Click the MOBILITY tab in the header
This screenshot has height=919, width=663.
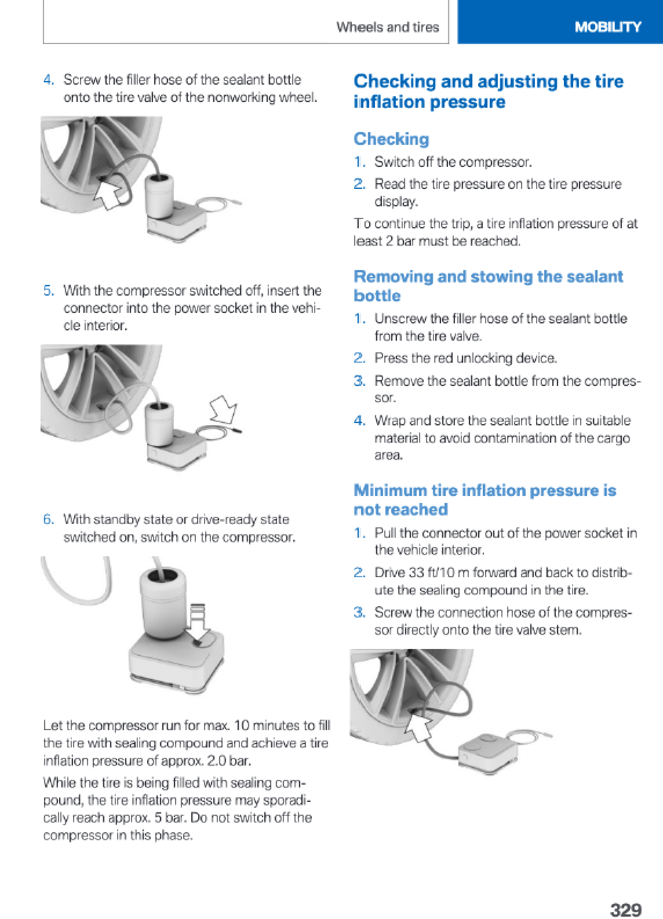[x=607, y=27]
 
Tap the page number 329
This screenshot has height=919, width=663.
[x=625, y=909]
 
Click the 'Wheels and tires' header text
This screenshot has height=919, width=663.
[x=387, y=27]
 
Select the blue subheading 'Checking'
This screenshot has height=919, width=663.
[x=391, y=139]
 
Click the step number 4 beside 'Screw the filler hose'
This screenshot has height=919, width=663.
[x=49, y=79]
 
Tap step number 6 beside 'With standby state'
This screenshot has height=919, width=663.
[x=49, y=519]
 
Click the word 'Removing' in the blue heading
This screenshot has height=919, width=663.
[x=394, y=276]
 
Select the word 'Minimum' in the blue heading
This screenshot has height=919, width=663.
[x=390, y=490]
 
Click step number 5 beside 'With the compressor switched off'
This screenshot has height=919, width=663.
[x=49, y=290]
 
